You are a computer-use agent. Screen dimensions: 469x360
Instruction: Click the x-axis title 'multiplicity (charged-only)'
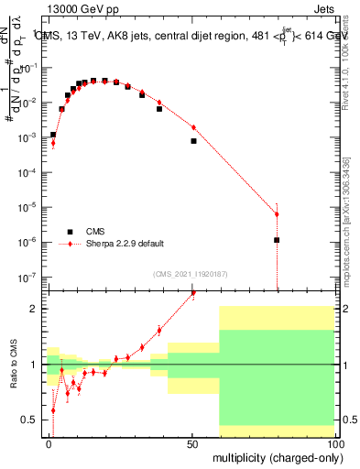coord(275,456)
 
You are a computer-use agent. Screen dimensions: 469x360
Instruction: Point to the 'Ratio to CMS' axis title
coord(13,365)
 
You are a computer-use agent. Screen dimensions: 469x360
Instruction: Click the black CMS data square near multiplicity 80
coord(277,240)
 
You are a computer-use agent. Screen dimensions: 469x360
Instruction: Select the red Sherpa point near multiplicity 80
coord(277,214)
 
